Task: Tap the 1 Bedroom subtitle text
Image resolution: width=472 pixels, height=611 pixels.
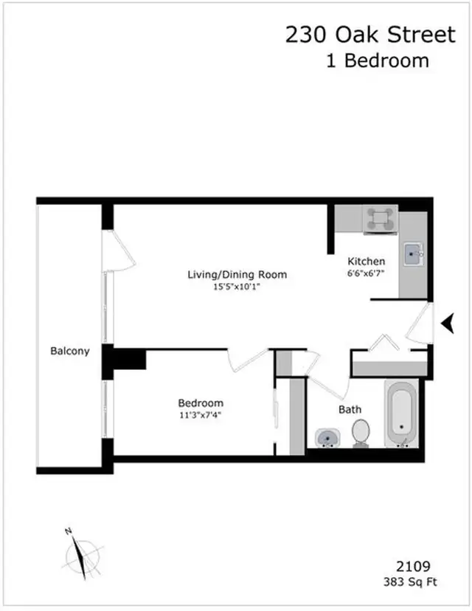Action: coord(377,60)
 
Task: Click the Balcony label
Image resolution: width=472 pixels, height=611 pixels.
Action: coord(69,351)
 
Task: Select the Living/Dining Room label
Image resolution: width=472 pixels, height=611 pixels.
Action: coord(237,275)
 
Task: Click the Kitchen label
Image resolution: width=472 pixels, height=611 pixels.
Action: coord(367,261)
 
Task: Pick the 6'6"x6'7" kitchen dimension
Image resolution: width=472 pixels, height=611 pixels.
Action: coord(367,272)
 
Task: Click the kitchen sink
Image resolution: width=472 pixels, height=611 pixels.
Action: coord(413,257)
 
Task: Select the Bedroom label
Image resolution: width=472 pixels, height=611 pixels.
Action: coord(201,403)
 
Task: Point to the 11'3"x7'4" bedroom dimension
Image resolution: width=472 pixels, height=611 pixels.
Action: coord(201,415)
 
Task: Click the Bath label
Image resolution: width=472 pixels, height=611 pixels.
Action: coord(350,409)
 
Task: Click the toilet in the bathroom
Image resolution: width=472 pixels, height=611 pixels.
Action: coord(361,433)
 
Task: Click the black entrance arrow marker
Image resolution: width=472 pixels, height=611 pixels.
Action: coord(447,322)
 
